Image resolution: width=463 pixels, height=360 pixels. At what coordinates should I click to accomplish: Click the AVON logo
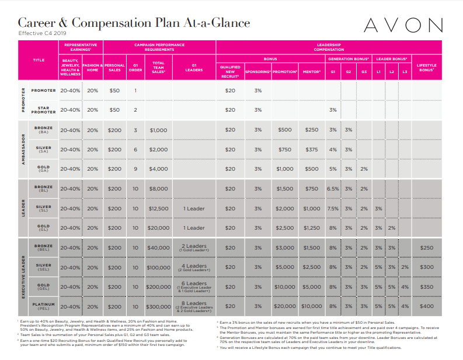tap(403, 25)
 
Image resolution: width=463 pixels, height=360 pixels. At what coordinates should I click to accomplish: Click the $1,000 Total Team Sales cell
tap(158, 130)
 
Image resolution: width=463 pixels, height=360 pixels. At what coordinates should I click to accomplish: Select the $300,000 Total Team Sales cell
tap(158, 306)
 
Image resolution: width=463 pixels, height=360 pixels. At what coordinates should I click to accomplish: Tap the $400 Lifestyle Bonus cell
tap(426, 306)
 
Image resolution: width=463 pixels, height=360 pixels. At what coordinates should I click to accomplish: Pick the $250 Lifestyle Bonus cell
tap(426, 248)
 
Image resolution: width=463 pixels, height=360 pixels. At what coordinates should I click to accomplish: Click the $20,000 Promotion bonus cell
tap(285, 306)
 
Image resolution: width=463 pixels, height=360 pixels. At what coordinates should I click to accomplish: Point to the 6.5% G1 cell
tap(333, 189)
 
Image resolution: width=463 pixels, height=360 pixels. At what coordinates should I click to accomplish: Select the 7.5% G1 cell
tap(333, 209)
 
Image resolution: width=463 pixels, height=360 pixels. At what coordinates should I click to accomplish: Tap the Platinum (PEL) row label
tap(44, 306)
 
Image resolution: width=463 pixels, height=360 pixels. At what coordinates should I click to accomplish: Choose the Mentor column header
tap(312, 71)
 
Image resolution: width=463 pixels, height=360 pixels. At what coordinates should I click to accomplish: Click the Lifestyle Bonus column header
tap(426, 69)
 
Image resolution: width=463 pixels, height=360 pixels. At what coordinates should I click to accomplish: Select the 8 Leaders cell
tap(194, 306)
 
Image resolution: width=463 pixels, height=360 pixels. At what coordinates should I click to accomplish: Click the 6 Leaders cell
tap(194, 286)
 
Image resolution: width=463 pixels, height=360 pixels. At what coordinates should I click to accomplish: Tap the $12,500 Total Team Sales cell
tap(158, 209)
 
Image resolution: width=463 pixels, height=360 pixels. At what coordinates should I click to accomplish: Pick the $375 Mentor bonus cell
tap(312, 150)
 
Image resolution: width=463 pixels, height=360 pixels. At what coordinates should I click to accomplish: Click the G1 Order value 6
tap(135, 150)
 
